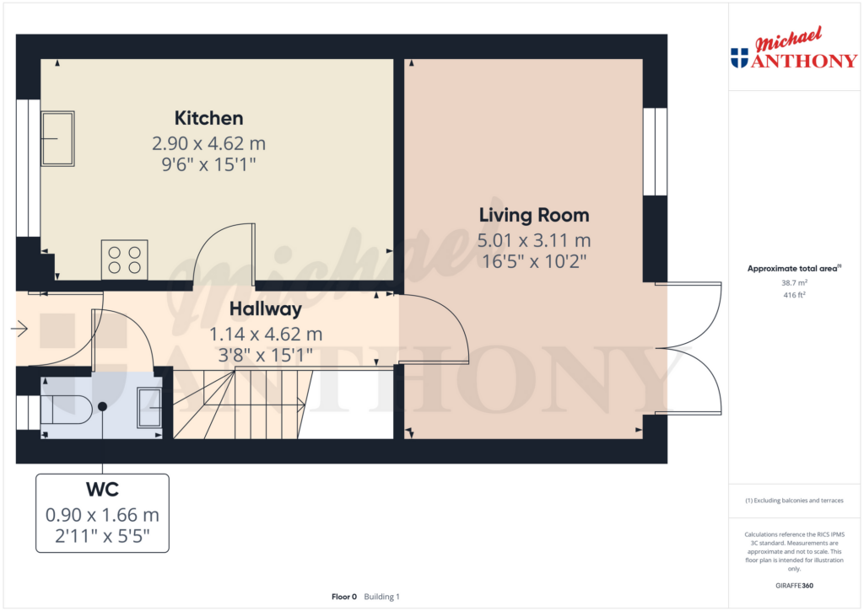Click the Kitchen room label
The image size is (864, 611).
[x=209, y=118]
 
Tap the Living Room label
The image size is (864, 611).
[x=534, y=215]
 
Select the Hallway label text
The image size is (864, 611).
[x=266, y=309]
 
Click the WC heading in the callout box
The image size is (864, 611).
[x=102, y=490]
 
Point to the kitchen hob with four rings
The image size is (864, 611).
[x=125, y=260]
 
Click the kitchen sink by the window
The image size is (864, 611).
[x=57, y=139]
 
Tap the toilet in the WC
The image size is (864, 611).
[x=66, y=410]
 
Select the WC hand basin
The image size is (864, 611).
[x=149, y=408]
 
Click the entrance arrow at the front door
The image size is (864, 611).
[x=19, y=330]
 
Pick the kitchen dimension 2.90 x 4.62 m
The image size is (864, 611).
[x=209, y=143]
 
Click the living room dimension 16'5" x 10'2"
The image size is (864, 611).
[x=534, y=261]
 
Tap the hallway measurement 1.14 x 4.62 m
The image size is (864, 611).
[x=266, y=334]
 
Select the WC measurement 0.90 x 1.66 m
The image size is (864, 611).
[x=102, y=515]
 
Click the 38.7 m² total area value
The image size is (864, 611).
[x=794, y=283]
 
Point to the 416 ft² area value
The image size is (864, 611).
[x=794, y=295]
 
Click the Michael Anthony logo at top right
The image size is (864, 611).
[x=794, y=48]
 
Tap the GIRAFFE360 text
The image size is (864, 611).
[x=794, y=586]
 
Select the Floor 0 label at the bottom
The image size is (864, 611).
[x=344, y=597]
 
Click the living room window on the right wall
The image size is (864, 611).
[x=655, y=152]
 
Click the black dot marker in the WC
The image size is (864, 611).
[x=102, y=407]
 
